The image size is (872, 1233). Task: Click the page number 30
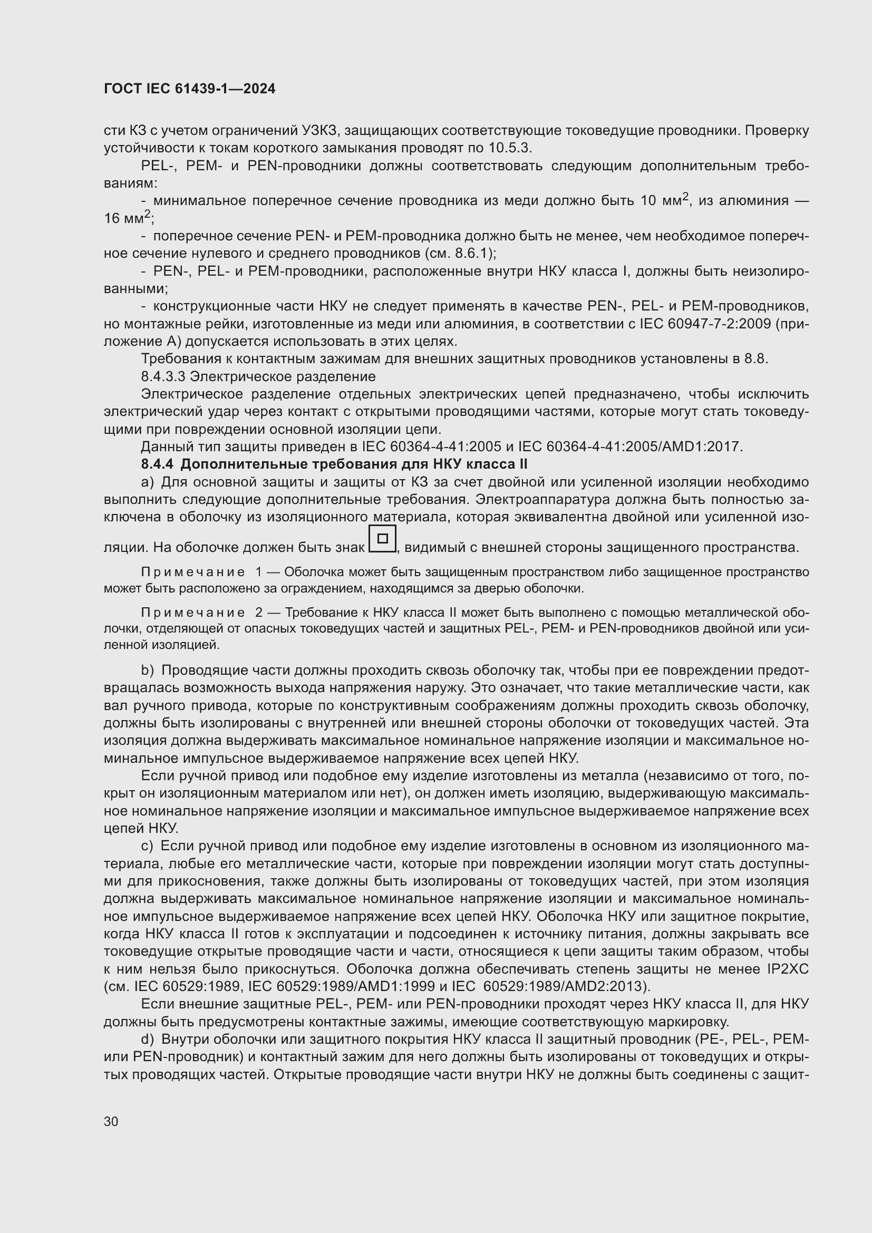pos(111,1122)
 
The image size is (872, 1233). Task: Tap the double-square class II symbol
pos(382,539)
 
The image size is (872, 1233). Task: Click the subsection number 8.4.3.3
pos(163,376)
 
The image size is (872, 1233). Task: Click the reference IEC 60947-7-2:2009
pos(704,324)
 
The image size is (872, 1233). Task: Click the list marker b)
pos(148,670)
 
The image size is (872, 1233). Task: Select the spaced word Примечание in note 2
pos(193,613)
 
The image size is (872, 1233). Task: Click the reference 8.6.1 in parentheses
pos(470,253)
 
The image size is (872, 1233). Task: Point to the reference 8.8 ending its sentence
pos(755,359)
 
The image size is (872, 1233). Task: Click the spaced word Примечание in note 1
pos(193,572)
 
